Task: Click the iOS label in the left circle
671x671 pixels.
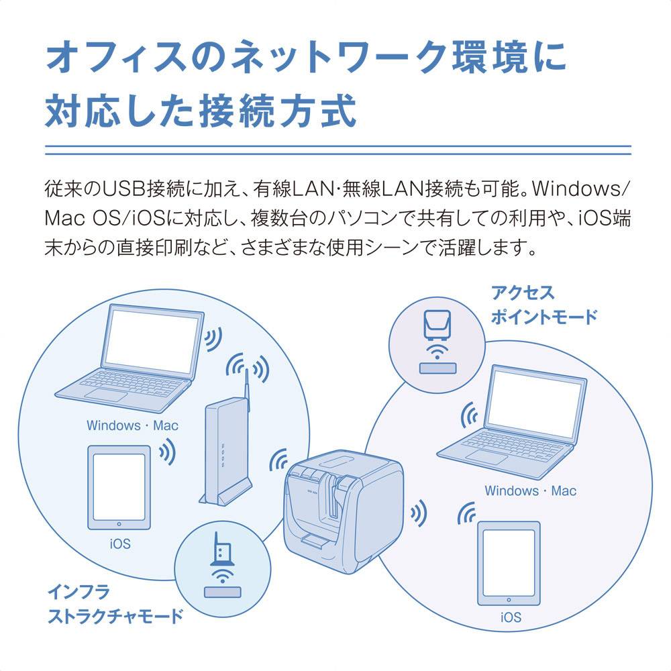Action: [119, 544]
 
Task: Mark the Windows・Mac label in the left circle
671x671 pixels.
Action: [132, 425]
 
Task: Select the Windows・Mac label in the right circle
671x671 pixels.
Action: [530, 491]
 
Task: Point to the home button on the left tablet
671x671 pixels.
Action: [119, 525]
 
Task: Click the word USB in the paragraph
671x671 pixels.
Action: [122, 190]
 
